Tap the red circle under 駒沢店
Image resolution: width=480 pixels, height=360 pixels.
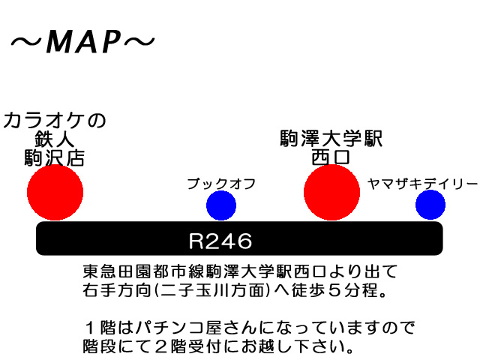55,193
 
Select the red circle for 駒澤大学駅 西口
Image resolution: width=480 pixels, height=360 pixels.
332,193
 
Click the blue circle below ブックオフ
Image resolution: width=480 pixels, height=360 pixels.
220,205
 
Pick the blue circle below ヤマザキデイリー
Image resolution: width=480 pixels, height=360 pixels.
430,205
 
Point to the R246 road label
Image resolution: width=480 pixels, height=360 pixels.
220,241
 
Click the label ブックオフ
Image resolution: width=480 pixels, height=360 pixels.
221,183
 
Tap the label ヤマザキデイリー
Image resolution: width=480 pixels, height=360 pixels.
423,183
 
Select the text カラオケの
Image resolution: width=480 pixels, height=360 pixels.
55,120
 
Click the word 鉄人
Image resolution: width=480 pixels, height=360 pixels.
55,139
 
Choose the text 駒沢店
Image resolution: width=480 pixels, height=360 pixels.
55,158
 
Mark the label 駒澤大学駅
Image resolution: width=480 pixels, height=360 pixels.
331,139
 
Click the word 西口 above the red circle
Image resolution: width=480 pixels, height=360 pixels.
331,157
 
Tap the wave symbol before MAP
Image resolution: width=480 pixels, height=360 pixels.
25,43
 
